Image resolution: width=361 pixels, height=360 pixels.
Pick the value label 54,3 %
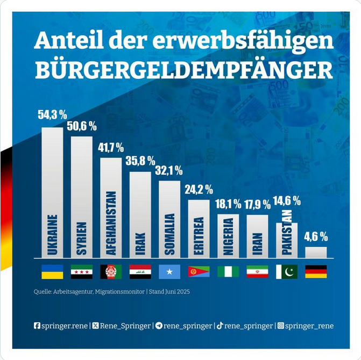pos(52,114)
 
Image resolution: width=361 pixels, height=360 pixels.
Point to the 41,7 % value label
pos(111,147)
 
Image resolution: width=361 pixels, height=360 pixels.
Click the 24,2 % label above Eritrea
pos(199,190)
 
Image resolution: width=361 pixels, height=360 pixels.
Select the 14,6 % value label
pos(287,201)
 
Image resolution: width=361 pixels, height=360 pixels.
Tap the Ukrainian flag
pos(52,272)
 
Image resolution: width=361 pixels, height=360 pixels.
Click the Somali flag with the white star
pos(169,272)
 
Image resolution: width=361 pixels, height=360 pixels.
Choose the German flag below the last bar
pos(316,272)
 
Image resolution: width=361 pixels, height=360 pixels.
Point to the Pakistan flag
pos(287,272)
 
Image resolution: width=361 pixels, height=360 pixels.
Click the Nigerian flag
pos(228,272)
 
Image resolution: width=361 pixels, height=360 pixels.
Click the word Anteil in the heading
pos(65,41)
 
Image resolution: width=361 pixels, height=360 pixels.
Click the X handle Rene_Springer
pos(124,326)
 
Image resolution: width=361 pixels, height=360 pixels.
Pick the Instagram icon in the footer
pos(280,326)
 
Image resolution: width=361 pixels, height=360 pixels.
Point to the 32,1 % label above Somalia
pos(169,171)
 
